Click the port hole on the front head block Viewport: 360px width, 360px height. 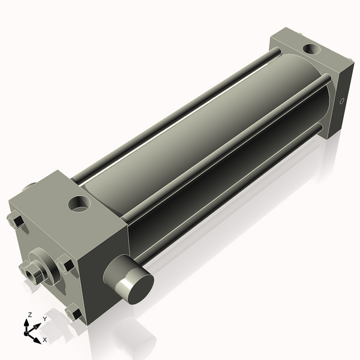(x=79, y=204)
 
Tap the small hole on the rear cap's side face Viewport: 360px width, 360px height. (x=342, y=101)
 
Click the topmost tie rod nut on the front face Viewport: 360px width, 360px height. (x=17, y=221)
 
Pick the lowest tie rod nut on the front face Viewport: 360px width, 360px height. (x=74, y=313)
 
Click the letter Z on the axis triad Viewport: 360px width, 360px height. (x=29, y=314)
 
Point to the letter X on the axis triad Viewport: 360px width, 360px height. (x=44, y=340)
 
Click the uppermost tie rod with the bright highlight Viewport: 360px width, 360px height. (x=180, y=114)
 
